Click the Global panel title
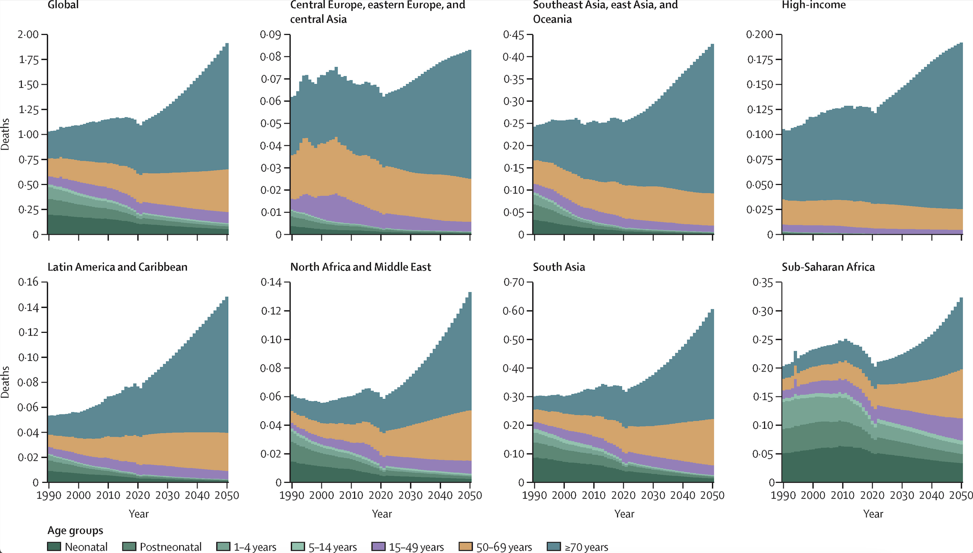click(63, 5)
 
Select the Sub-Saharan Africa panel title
click(828, 267)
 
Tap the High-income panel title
click(813, 5)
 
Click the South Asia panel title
click(559, 267)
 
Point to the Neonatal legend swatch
click(54, 546)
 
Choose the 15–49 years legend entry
click(408, 547)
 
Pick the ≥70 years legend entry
click(578, 547)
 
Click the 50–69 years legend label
click(504, 547)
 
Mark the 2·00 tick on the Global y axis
click(28, 34)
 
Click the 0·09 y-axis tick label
click(270, 34)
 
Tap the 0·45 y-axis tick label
click(513, 34)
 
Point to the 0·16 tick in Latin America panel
click(28, 282)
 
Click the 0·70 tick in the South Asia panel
click(513, 282)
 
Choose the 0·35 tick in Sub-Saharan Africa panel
click(762, 282)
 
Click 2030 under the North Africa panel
click(410, 495)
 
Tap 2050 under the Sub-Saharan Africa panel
click(961, 495)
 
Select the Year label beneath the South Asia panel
click(624, 514)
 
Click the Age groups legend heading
click(75, 530)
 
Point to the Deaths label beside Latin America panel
click(5, 382)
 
